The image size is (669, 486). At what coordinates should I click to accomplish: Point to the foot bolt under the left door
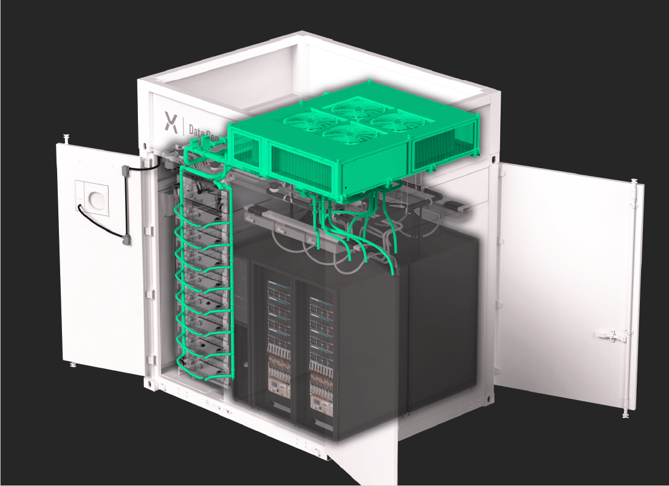click(x=72, y=364)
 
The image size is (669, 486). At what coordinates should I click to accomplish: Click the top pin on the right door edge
click(x=634, y=181)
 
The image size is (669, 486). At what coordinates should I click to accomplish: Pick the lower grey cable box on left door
click(x=126, y=240)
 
